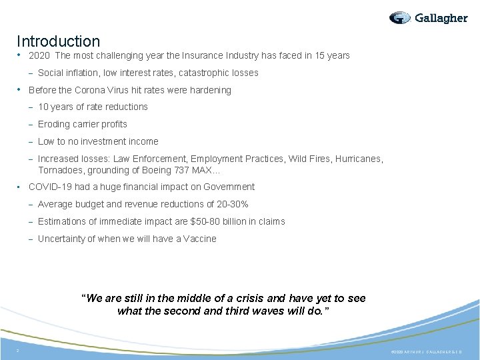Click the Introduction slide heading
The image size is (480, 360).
click(x=58, y=41)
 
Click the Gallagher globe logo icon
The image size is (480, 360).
click(x=400, y=18)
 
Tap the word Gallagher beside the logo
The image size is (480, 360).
click(x=441, y=18)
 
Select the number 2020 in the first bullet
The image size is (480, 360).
click(x=39, y=55)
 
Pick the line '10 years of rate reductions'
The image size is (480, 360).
click(x=93, y=107)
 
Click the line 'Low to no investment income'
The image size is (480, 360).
click(x=98, y=141)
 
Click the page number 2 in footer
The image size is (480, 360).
click(x=19, y=351)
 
